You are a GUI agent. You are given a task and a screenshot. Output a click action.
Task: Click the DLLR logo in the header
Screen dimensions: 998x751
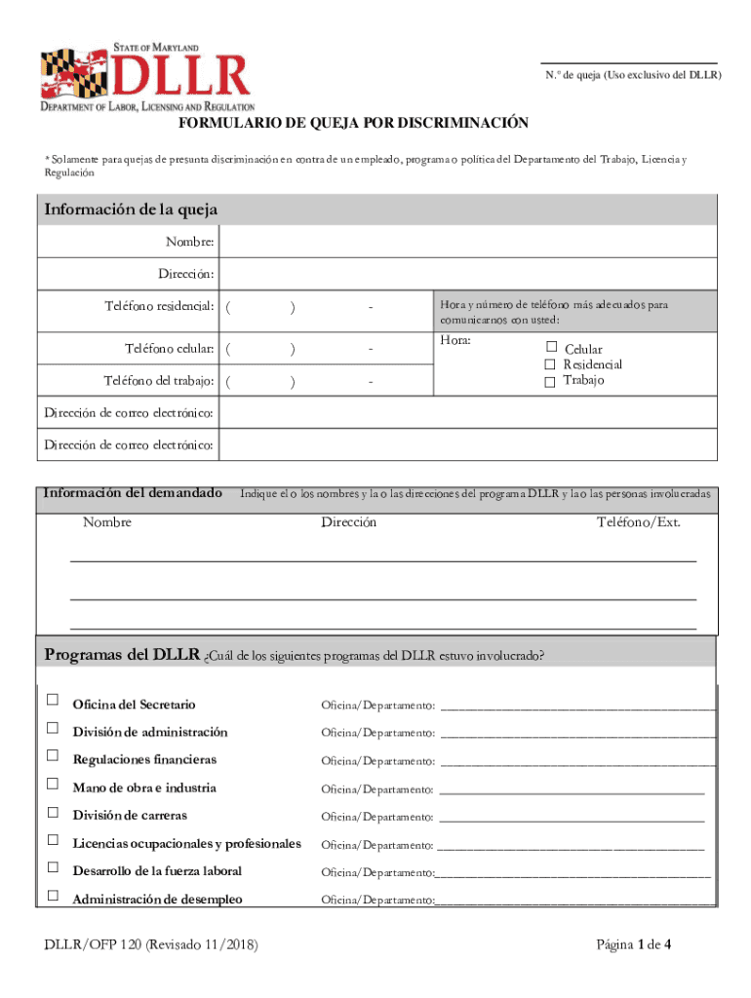coord(146,77)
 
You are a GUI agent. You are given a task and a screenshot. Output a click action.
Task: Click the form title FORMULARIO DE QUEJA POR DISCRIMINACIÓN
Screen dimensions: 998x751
coord(353,123)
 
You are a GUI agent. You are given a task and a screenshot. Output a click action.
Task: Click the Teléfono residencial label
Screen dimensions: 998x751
coord(159,307)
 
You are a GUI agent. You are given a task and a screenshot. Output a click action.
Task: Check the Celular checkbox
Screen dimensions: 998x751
coord(551,347)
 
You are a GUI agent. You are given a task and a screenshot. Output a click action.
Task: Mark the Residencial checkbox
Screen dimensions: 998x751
coord(551,364)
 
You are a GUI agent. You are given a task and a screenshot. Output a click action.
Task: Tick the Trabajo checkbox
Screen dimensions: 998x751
coord(551,380)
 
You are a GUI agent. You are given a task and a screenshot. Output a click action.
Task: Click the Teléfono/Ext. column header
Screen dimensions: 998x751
coord(638,522)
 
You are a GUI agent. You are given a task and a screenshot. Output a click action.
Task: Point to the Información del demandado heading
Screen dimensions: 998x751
coord(132,493)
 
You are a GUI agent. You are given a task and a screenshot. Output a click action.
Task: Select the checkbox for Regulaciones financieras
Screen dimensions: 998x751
coord(52,755)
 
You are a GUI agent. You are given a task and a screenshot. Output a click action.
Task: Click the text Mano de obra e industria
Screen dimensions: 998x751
coord(144,787)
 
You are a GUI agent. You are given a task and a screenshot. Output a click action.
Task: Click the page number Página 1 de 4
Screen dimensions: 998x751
coord(633,945)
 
